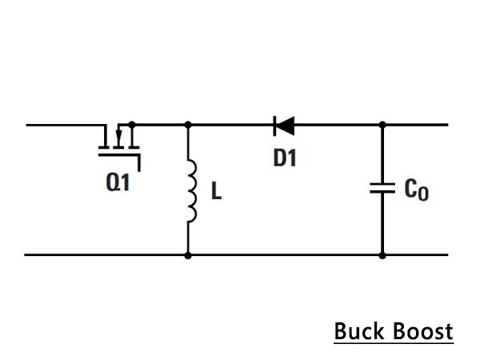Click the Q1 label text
tap(118, 182)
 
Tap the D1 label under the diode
tap(285, 158)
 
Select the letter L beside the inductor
tap(217, 190)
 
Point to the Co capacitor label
tap(416, 190)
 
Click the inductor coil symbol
tap(192, 190)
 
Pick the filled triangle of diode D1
tap(286, 126)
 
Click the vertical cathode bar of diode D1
tap(274, 126)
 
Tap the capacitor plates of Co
tap(382, 188)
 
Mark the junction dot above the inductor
tap(188, 125)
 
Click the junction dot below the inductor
tap(188, 255)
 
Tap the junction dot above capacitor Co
tap(382, 125)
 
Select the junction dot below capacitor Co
tap(382, 255)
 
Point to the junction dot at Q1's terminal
tap(132, 125)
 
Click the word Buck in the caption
tap(359, 331)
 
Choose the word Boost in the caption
tap(422, 331)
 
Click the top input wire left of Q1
tap(66, 125)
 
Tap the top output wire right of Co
tap(415, 125)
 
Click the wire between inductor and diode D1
tap(231, 125)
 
